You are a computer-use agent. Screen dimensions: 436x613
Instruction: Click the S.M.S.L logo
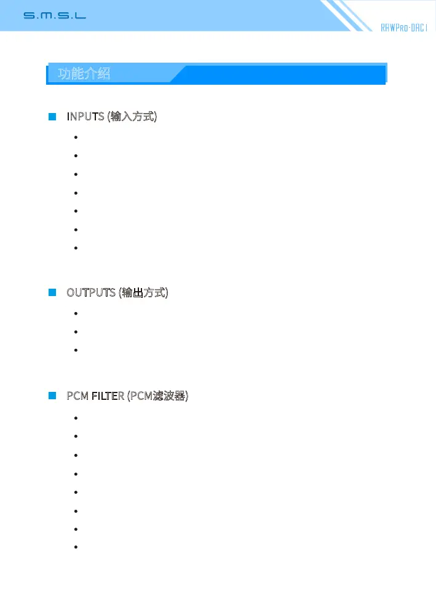point(55,15)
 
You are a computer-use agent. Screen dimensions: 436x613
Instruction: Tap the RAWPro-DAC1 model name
point(403,28)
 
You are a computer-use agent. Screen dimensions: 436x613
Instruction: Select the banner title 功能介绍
point(84,74)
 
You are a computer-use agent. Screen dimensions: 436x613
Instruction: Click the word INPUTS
point(85,116)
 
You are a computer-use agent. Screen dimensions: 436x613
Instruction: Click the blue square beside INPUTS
point(52,116)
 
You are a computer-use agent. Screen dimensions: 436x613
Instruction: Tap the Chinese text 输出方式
point(144,292)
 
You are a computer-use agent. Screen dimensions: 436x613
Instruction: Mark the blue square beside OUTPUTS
point(52,292)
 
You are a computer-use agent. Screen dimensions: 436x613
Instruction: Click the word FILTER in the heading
point(108,396)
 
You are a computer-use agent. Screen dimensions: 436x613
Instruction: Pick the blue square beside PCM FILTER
point(52,396)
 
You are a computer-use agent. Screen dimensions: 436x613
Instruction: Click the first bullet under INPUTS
point(75,138)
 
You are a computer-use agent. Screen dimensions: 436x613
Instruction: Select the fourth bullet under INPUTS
point(75,193)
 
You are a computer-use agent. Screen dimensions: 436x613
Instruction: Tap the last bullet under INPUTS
point(75,248)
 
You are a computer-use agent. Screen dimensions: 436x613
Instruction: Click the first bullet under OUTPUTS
point(75,313)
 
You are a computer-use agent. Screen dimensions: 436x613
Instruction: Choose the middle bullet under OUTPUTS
point(75,332)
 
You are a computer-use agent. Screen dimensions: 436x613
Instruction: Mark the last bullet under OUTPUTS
point(75,350)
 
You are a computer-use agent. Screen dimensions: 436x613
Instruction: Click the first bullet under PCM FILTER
point(75,418)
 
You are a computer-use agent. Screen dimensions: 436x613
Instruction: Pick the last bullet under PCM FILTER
point(75,547)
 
